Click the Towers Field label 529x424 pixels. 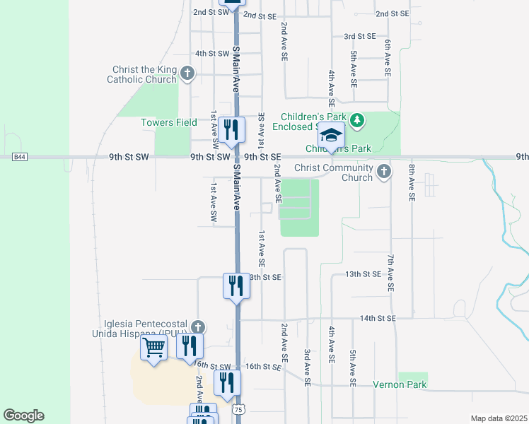click(168, 122)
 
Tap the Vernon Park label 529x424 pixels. click(400, 385)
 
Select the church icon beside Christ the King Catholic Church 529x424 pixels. click(187, 73)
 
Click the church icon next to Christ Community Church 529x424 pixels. click(384, 171)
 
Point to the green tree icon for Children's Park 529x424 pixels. click(358, 121)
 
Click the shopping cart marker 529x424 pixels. click(153, 348)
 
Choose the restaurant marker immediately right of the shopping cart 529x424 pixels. click(190, 346)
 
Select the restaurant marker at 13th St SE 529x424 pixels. click(236, 285)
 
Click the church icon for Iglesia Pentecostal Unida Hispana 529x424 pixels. click(199, 326)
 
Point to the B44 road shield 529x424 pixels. click(18, 156)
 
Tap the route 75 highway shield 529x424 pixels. click(239, 410)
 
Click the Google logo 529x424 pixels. click(23, 415)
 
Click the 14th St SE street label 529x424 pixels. click(378, 319)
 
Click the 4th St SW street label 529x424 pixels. click(213, 54)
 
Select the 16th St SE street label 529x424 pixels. click(263, 367)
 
